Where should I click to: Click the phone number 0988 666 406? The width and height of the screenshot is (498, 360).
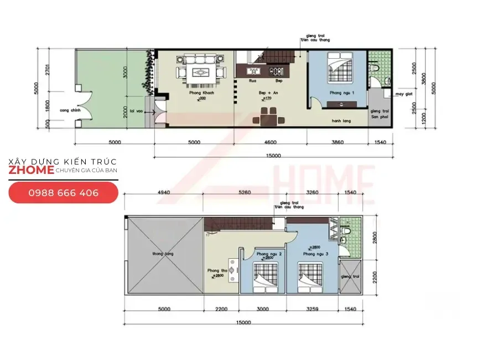coord(64,193)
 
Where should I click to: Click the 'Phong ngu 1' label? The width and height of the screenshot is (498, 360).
coord(341,92)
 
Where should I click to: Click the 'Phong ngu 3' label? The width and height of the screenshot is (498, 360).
coord(316,254)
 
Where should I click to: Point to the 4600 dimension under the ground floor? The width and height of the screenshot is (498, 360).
coord(271,142)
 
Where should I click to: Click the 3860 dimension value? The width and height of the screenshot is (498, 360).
coord(337,142)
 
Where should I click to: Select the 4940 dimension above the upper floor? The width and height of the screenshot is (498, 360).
coord(163,193)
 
